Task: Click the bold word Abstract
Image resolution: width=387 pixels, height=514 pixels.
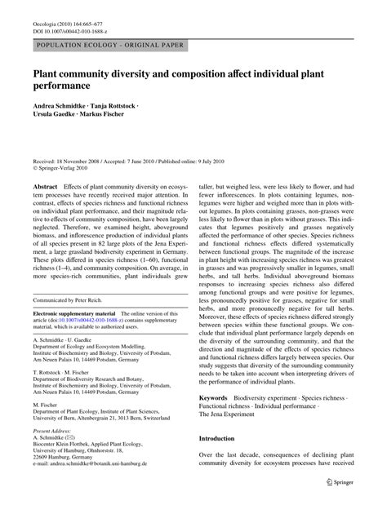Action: pyautogui.click(x=45, y=187)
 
